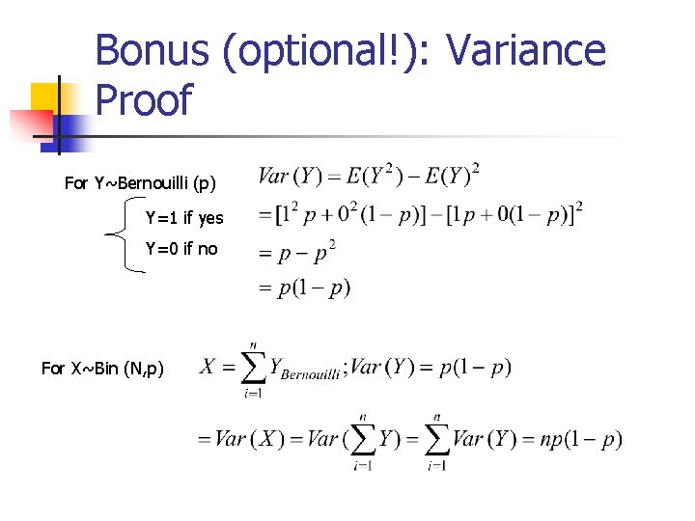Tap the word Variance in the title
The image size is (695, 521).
pos(532,50)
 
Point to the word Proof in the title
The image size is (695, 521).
pos(145,100)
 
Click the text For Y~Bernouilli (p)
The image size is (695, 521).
pos(140,182)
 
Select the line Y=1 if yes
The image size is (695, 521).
pos(184,217)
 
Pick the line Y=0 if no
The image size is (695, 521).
pos(181,249)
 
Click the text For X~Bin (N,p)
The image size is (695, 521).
pos(102,368)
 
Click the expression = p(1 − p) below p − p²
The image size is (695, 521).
pos(303,288)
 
